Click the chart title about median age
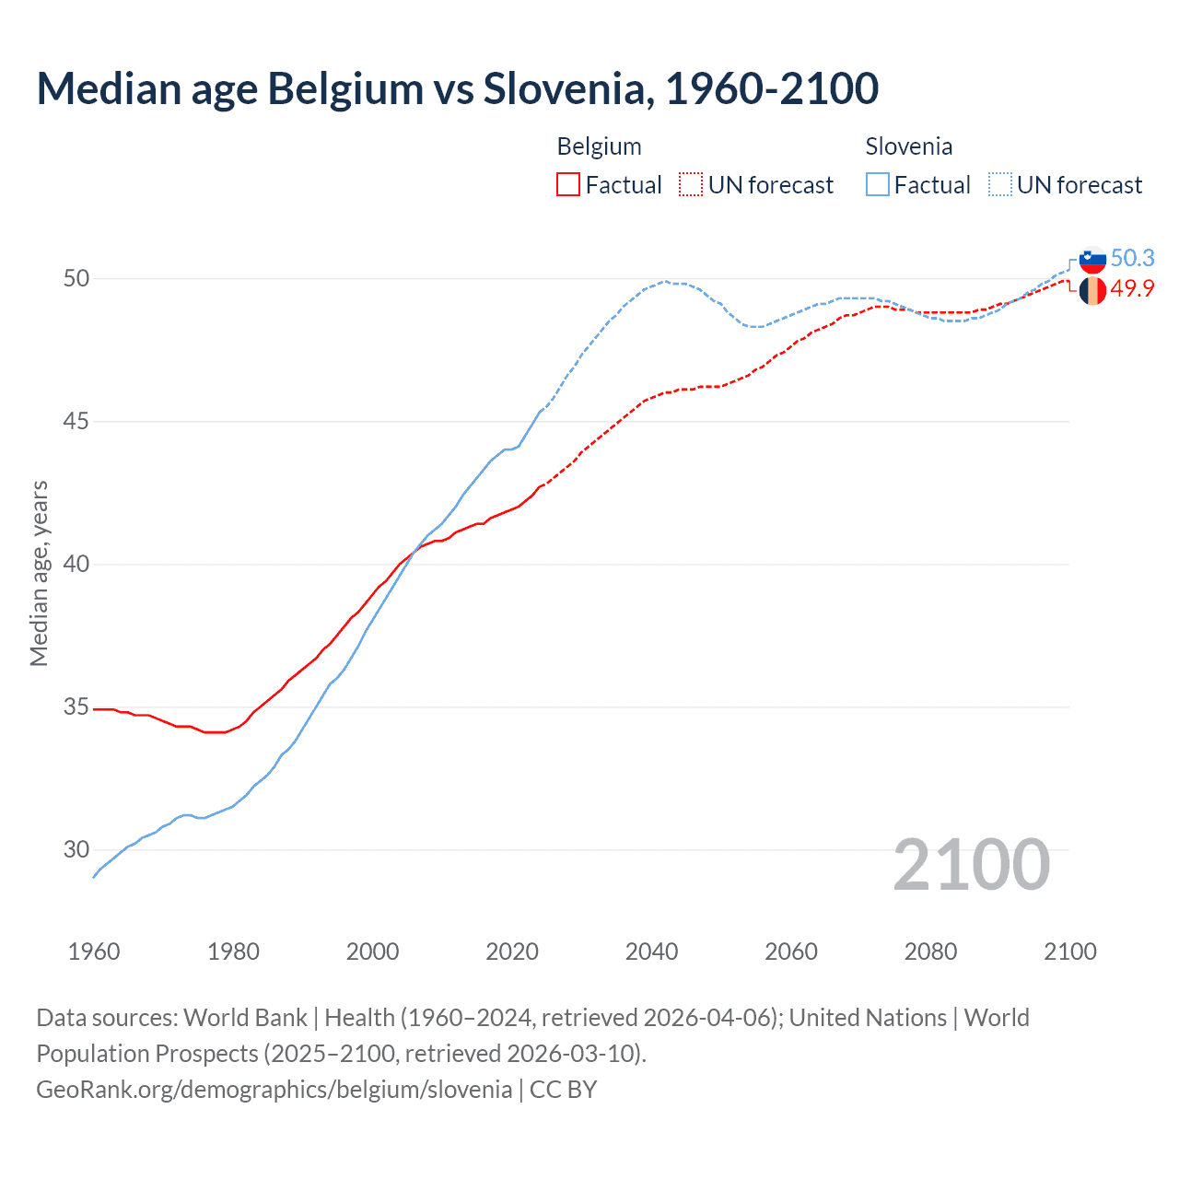tap(457, 88)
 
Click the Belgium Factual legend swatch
tap(568, 184)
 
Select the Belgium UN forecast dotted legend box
tap(691, 184)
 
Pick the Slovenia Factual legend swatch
tap(878, 184)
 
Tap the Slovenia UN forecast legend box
tap(1000, 184)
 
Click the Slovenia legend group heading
tap(908, 146)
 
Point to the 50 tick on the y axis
tap(76, 278)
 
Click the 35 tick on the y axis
tap(76, 707)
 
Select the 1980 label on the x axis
tap(233, 951)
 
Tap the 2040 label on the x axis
tap(651, 951)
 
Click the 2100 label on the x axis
tap(1069, 951)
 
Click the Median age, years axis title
tap(39, 573)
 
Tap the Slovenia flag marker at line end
tap(1092, 260)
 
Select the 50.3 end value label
tap(1132, 259)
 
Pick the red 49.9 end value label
tap(1132, 289)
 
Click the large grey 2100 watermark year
tap(971, 864)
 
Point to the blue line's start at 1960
tap(94, 876)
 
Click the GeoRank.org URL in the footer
tap(274, 1089)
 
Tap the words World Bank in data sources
tap(245, 1018)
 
